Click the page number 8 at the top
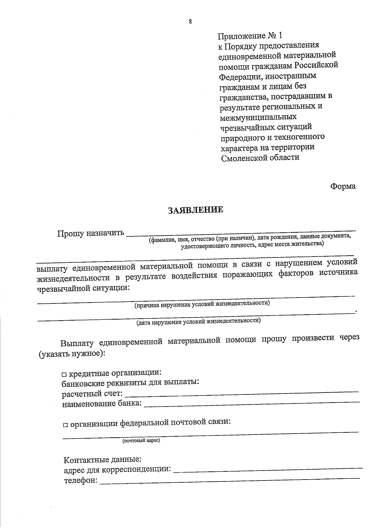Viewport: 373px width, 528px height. click(x=190, y=21)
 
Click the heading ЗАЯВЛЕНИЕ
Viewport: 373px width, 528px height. click(x=196, y=210)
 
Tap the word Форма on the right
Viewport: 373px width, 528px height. click(x=343, y=186)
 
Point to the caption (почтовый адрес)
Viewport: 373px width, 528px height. click(x=141, y=441)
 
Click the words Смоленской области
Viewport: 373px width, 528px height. click(x=260, y=157)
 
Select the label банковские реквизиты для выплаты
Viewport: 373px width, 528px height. click(x=130, y=382)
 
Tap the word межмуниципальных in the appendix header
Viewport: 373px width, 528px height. click(x=258, y=117)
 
